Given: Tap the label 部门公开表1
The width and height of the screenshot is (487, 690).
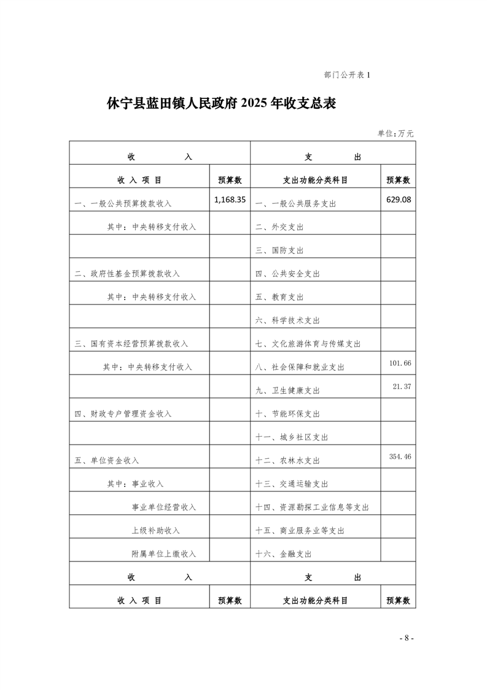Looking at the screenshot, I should click(x=348, y=75).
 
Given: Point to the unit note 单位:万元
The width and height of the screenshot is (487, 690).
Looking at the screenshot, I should click(x=395, y=133).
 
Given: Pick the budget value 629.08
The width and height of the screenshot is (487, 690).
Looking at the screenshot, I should click(x=398, y=200).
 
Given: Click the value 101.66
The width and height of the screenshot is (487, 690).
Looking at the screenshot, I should click(x=400, y=363).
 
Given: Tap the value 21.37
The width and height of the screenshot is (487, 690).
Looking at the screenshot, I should click(x=402, y=386).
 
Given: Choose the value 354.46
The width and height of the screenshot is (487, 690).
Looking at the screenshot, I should click(x=400, y=456).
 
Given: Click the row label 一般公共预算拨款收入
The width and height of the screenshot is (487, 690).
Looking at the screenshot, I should click(x=123, y=204).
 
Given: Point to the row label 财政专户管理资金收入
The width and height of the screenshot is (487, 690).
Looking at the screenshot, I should click(x=123, y=414).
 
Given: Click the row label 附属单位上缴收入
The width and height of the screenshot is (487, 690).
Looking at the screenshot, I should click(x=164, y=553).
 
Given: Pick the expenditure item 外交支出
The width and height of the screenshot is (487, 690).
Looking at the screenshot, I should click(x=279, y=227).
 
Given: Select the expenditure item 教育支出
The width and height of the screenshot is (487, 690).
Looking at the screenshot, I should click(x=279, y=297).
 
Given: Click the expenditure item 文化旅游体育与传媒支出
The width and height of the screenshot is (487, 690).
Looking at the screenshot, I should click(x=308, y=344).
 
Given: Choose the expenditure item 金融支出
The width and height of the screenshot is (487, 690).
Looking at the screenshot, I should click(x=283, y=554).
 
